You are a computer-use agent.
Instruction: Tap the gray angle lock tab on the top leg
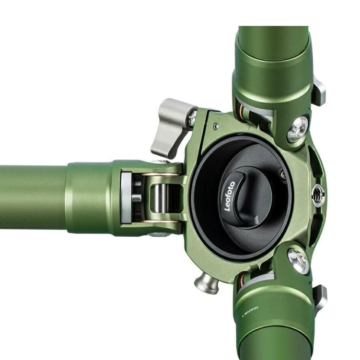pos(318,91)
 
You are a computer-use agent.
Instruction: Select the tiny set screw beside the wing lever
pos(216,126)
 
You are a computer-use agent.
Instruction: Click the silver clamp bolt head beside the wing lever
pos(192,118)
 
